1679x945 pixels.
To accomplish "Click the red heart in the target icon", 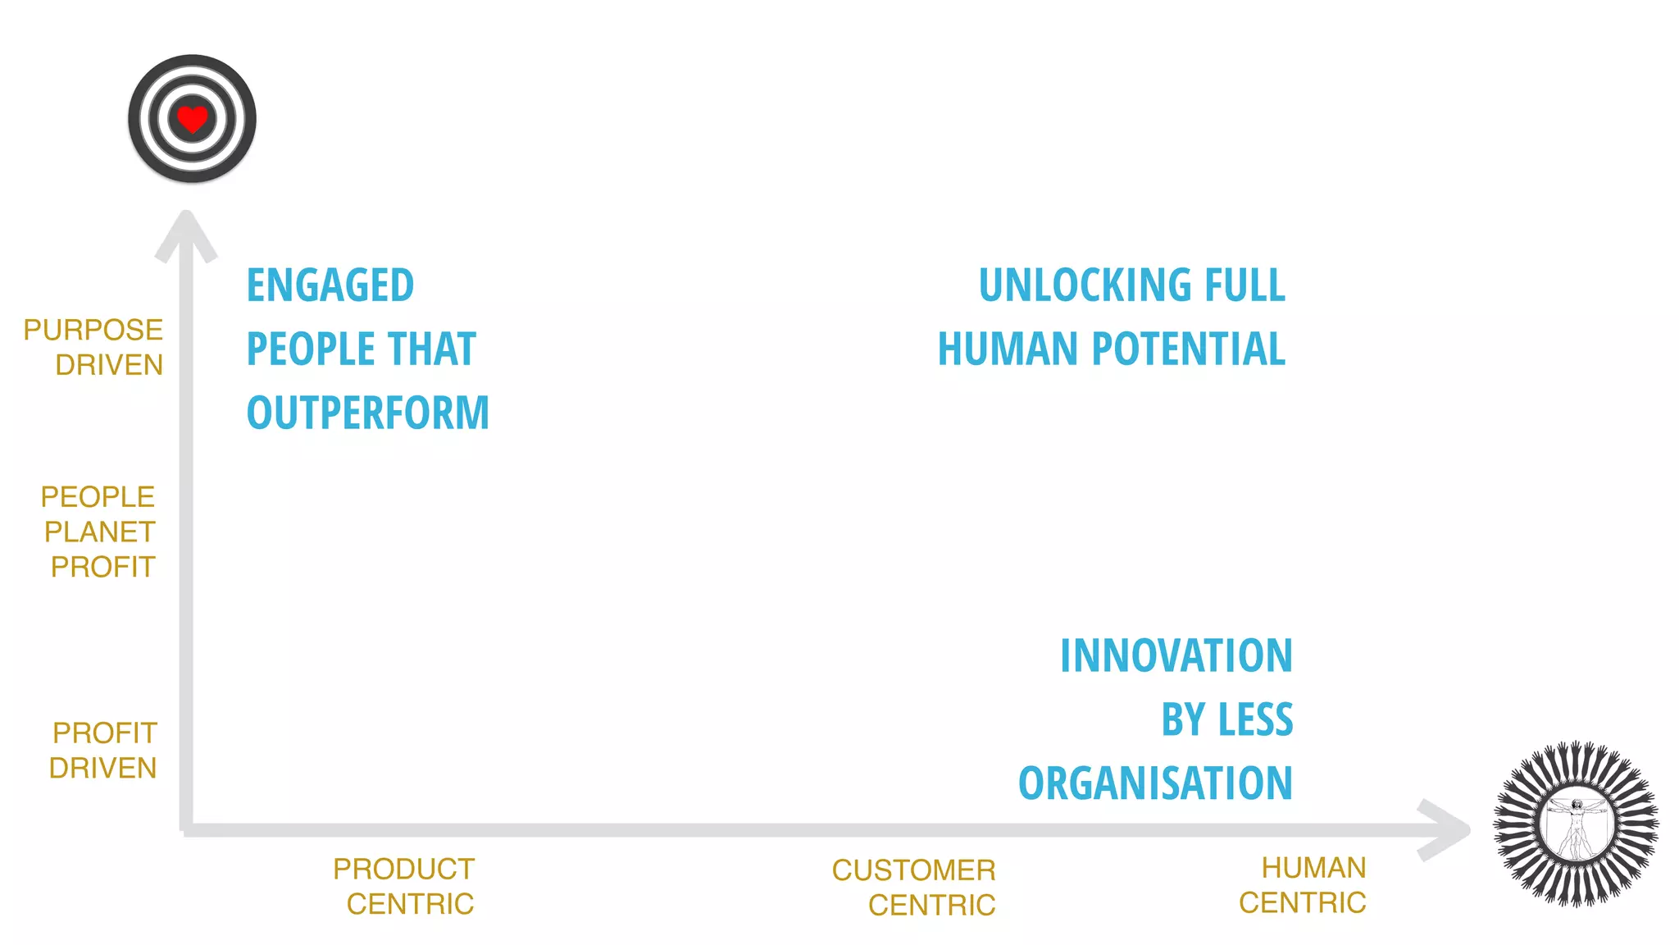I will tap(192, 120).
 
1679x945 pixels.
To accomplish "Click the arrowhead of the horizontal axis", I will tap(1446, 829).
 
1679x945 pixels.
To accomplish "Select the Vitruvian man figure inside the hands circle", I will tap(1577, 825).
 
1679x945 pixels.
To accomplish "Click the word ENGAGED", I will tap(330, 285).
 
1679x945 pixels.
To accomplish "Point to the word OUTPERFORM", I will tap(367, 413).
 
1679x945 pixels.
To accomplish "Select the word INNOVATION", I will tap(1176, 656).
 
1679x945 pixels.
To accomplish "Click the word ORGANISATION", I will tap(1155, 783).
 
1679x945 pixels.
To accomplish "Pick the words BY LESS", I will tap(1226, 720).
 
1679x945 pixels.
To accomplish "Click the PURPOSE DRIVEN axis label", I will tap(94, 347).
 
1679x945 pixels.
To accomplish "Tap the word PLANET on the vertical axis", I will tap(99, 532).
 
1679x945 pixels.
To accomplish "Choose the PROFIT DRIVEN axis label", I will tap(103, 751).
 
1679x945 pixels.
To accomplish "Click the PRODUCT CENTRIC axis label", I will tap(404, 887).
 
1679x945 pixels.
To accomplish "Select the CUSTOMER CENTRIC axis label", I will tap(914, 888).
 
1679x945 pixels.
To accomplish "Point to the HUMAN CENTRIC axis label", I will tap(1304, 885).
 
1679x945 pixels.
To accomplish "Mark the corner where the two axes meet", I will tap(187, 829).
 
